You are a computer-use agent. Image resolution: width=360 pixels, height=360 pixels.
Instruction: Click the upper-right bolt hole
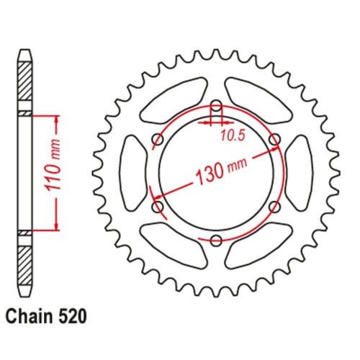click(274, 138)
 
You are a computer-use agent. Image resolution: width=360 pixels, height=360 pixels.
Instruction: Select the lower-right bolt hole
click(274, 207)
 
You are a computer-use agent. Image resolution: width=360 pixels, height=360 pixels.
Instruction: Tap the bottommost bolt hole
click(215, 240)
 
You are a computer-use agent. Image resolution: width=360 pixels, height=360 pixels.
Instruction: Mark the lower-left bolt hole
click(156, 207)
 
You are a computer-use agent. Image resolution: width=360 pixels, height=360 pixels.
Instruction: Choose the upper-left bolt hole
click(156, 139)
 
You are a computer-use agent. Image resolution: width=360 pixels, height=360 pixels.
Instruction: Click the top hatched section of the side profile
click(25, 82)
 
